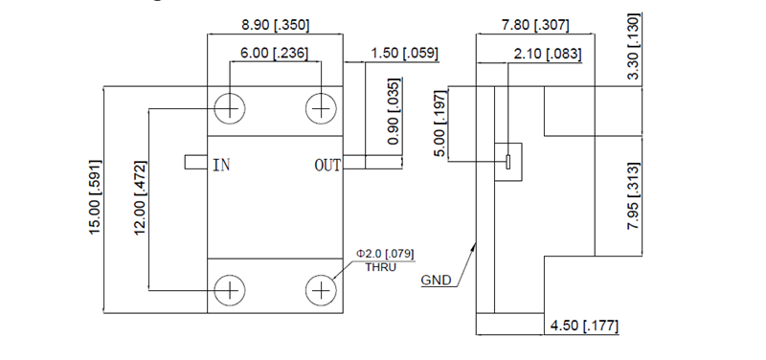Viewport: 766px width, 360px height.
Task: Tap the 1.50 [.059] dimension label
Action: [402, 54]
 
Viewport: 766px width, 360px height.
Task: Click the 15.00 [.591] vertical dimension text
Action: [96, 200]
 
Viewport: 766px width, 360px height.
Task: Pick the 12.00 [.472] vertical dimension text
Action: [140, 200]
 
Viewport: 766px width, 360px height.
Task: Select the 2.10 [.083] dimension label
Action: [548, 54]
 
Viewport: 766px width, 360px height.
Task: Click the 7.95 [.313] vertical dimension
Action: [635, 196]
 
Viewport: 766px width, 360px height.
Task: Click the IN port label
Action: [221, 166]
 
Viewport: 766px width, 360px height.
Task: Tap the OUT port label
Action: [327, 166]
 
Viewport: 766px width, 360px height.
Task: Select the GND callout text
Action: [435, 281]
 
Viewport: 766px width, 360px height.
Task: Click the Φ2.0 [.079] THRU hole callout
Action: [384, 259]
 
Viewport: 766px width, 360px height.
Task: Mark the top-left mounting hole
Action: [230, 108]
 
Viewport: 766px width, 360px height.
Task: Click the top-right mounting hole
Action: [321, 108]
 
